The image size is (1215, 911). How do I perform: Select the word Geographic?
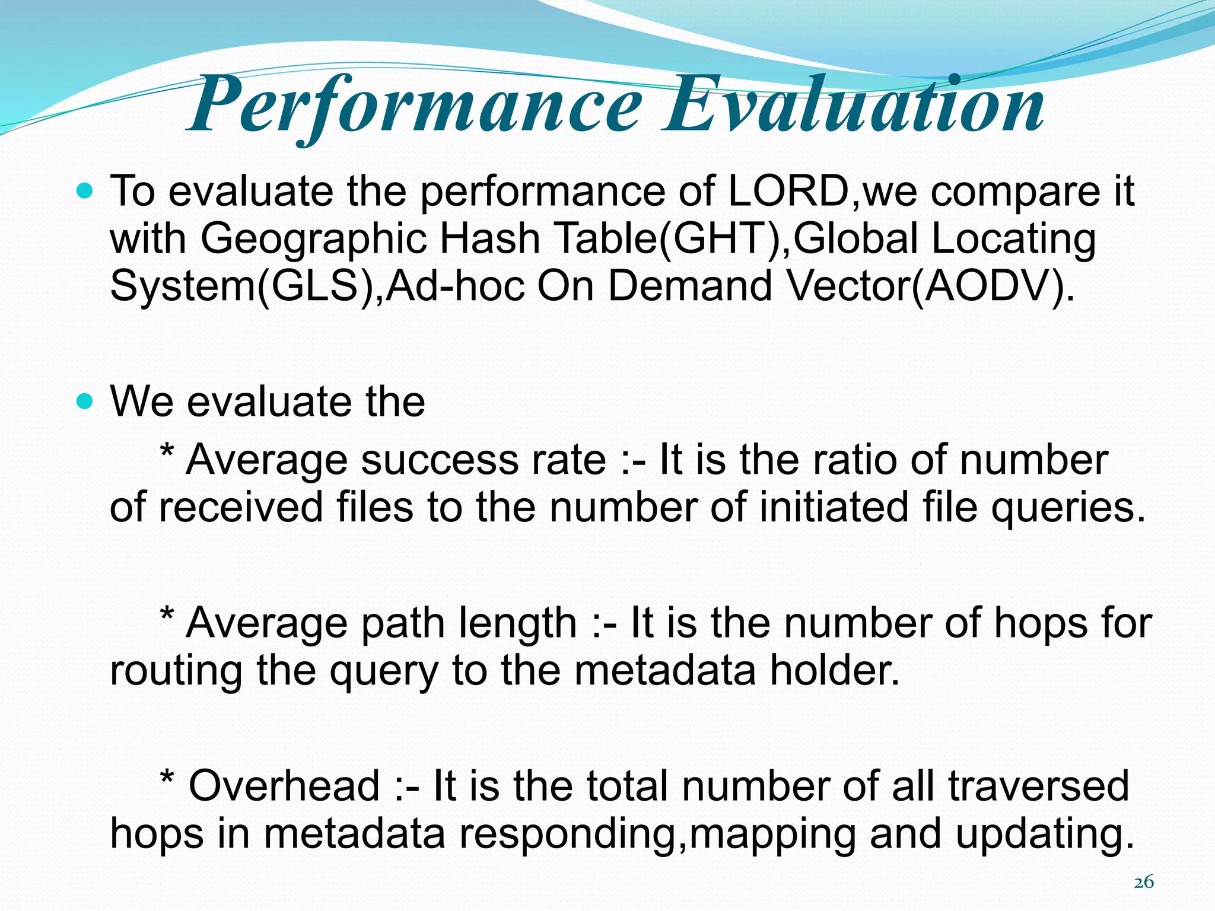(x=313, y=239)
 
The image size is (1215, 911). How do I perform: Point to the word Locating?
(x=1013, y=239)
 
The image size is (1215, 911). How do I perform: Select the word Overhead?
(x=284, y=786)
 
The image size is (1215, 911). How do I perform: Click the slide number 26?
(x=1144, y=883)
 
